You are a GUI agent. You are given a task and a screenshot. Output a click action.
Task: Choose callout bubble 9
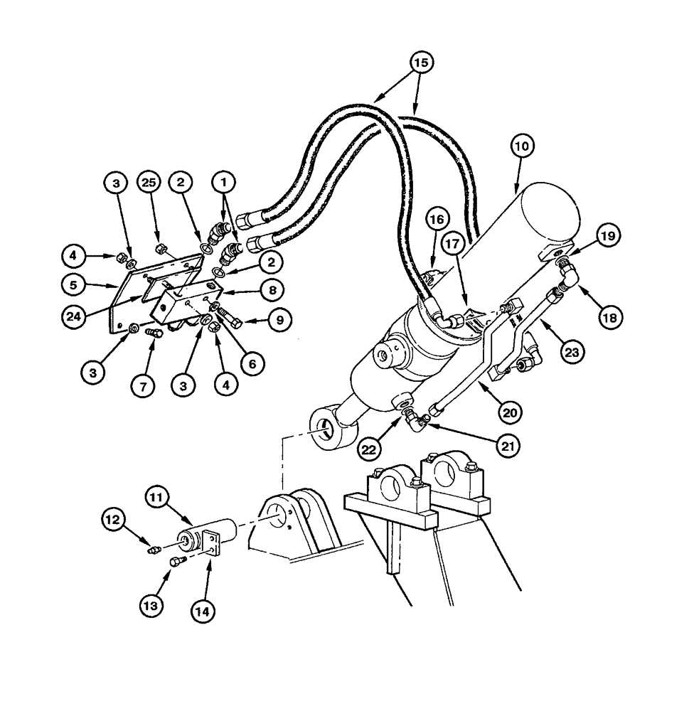[279, 320]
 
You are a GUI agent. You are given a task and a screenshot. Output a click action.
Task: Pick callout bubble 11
[159, 498]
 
